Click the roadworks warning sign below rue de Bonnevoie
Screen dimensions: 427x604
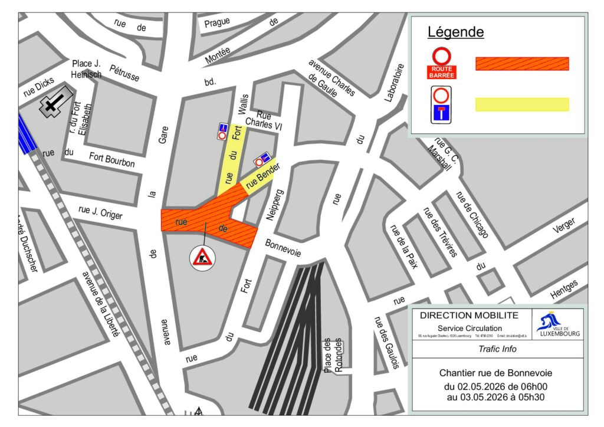point(202,258)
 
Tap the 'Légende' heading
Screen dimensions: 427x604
point(455,32)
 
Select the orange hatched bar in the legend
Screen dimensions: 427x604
point(522,64)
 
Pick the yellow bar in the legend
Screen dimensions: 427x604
point(522,104)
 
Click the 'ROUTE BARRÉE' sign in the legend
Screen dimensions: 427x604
point(441,64)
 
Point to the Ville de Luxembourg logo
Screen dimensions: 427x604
point(557,324)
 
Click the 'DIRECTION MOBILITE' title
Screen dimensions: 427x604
point(469,316)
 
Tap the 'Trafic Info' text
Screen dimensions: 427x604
point(497,349)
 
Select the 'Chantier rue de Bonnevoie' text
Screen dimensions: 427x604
point(496,373)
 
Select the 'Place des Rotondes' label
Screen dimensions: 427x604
point(332,356)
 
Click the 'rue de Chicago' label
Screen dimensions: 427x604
point(472,215)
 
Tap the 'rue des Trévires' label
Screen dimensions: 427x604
point(439,232)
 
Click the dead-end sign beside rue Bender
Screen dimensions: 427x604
point(262,159)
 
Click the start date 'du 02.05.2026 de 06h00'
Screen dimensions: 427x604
point(496,387)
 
